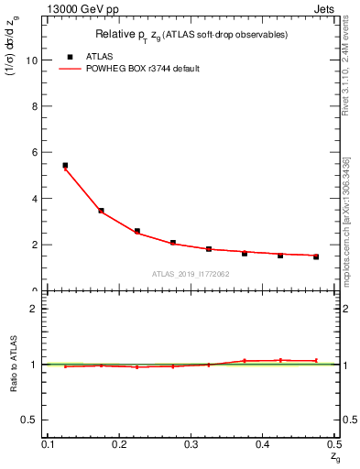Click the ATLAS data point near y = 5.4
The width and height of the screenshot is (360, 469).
coord(65,166)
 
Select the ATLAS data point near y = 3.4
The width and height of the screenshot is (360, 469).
coord(101,211)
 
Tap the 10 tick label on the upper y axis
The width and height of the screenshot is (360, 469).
coord(34,60)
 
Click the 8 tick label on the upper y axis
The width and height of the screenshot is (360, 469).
coord(37,106)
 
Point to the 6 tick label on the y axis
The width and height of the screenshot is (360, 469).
coord(37,152)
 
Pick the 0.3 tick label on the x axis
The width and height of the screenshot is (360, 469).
coord(191,444)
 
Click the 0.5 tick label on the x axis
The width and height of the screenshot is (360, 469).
coord(334,444)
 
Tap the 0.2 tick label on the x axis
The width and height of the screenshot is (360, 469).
coord(118,444)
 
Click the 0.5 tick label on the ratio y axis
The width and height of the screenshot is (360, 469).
coord(33,420)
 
